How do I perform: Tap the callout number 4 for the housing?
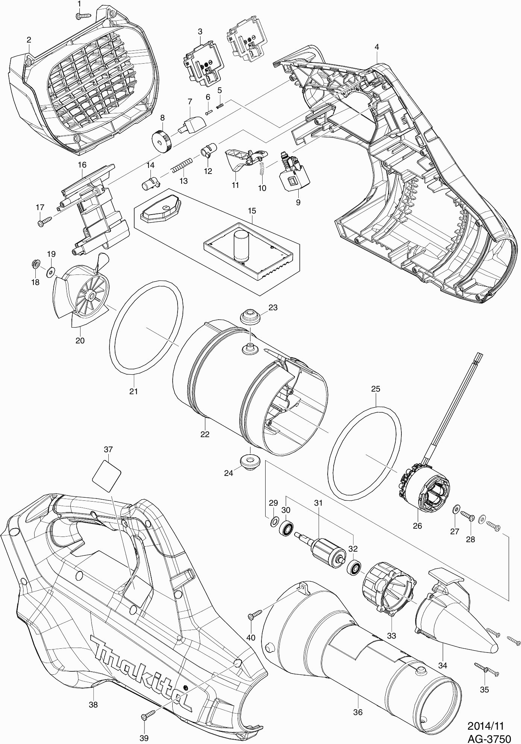click(x=377, y=47)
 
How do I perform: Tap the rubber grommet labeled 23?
click(x=250, y=316)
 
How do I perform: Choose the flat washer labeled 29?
click(x=274, y=521)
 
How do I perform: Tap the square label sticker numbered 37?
click(x=107, y=476)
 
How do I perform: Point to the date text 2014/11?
click(x=485, y=715)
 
